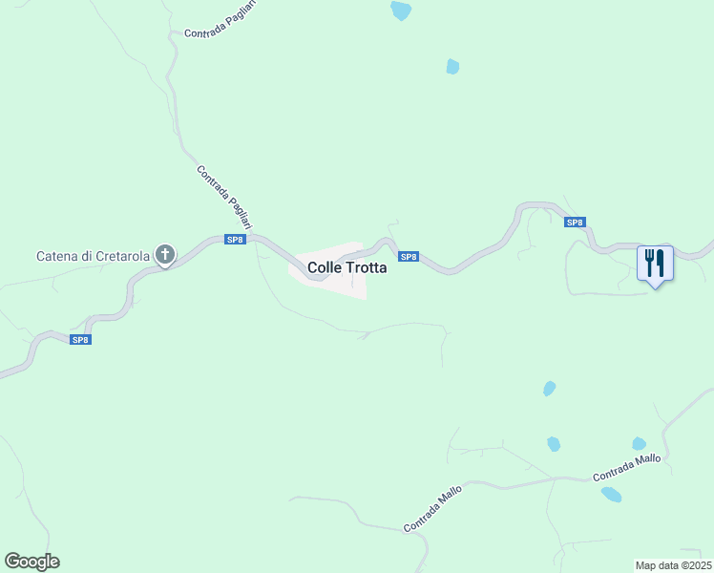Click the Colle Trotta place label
[346, 268]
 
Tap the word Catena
[58, 256]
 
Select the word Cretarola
[120, 256]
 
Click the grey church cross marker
[165, 255]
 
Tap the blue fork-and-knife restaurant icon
[655, 262]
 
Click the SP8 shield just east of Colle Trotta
[409, 257]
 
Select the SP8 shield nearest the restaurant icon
[574, 223]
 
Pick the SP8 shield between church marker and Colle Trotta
[235, 240]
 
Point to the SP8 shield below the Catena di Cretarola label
[81, 339]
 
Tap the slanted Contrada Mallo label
[433, 508]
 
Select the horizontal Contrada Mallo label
[626, 467]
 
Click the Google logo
[31, 562]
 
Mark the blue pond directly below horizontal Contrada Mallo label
[611, 494]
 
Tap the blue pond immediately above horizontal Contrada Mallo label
[639, 444]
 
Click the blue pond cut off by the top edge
[401, 11]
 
